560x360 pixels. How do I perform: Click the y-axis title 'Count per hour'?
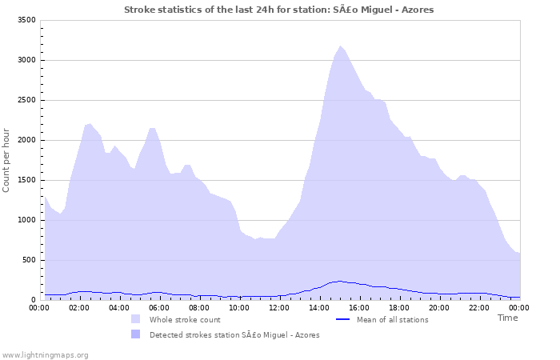point(7,160)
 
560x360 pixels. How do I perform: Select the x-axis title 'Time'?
point(507,318)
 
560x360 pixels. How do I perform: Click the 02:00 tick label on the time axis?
point(80,307)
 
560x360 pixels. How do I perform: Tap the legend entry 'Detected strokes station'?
point(234,335)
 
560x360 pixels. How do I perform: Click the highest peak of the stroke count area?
point(340,46)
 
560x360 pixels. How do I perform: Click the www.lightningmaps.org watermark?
point(45,354)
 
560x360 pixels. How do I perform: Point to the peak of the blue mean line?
point(340,281)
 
